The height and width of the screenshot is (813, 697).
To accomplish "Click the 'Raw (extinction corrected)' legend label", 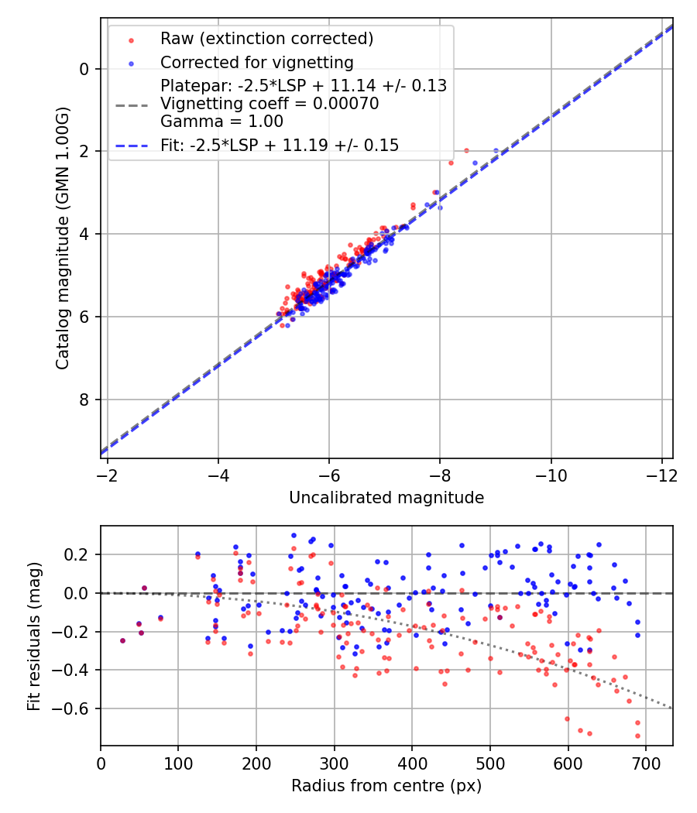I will (x=266, y=39).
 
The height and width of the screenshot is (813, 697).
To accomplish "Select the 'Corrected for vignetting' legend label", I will (x=256, y=62).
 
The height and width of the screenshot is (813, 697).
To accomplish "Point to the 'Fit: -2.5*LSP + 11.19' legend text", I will (x=280, y=145).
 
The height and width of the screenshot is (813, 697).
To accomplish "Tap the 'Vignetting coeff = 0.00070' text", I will (x=270, y=104).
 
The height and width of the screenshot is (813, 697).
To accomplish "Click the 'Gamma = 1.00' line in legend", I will (x=221, y=122).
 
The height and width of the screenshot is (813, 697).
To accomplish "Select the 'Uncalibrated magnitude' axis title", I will (x=386, y=498).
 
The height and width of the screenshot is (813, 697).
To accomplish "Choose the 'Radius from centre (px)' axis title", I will (x=386, y=786).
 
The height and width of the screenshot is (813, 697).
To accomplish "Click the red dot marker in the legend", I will (x=130, y=39).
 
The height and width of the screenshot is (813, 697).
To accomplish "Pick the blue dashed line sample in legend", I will (x=130, y=146).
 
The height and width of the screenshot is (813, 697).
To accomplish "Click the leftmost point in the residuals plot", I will (x=122, y=640).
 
